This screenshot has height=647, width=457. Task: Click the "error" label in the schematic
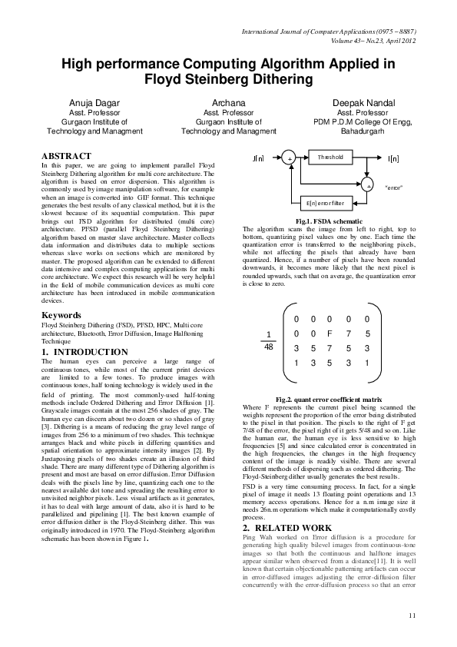(x=393, y=187)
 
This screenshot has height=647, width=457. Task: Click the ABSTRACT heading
(x=66, y=156)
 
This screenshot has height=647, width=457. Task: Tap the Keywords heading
(x=61, y=337)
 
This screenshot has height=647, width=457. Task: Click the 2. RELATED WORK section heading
(x=287, y=528)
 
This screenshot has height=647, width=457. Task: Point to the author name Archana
(x=228, y=102)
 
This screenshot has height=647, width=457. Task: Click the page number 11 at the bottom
(x=412, y=615)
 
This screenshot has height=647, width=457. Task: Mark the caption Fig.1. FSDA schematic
(x=329, y=221)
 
